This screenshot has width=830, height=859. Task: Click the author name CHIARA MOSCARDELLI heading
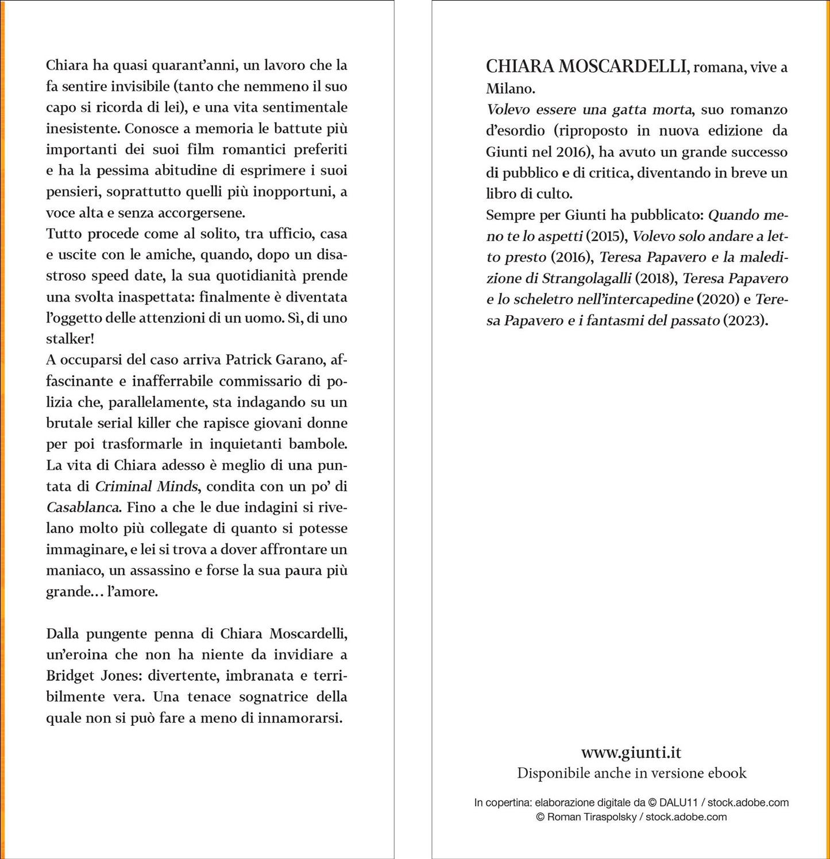coord(586,67)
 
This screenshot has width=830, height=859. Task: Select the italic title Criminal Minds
coord(146,486)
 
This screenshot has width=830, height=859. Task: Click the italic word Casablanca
coord(83,508)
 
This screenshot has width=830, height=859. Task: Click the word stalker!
coord(70,339)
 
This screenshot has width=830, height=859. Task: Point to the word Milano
coord(510,88)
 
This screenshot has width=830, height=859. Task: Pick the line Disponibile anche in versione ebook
coord(631,773)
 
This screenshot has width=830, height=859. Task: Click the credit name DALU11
coord(678,803)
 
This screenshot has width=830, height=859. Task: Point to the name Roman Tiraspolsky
coord(592,817)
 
